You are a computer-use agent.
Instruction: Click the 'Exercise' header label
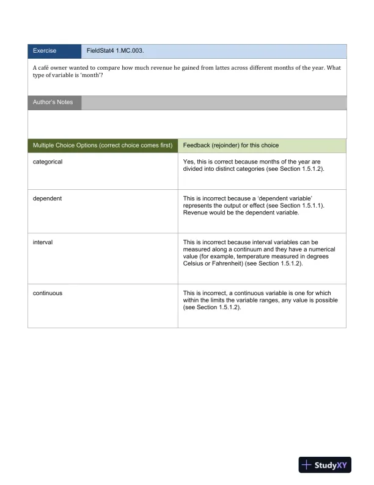45,51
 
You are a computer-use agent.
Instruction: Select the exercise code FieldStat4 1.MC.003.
116,51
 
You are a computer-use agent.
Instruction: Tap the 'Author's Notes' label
53,102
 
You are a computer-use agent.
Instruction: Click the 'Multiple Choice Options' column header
103,146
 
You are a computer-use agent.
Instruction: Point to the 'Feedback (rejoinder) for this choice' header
231,146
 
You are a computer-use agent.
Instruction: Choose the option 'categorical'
48,162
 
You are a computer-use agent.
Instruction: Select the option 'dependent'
47,198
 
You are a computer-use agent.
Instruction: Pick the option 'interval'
43,242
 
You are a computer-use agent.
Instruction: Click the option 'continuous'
48,293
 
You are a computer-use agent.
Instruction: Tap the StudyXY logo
325,465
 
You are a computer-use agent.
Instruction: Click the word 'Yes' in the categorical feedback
189,162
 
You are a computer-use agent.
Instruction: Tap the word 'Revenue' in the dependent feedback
196,213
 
